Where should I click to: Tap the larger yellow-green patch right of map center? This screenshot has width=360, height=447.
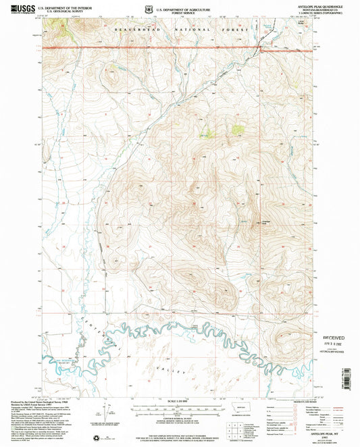(238, 128)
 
